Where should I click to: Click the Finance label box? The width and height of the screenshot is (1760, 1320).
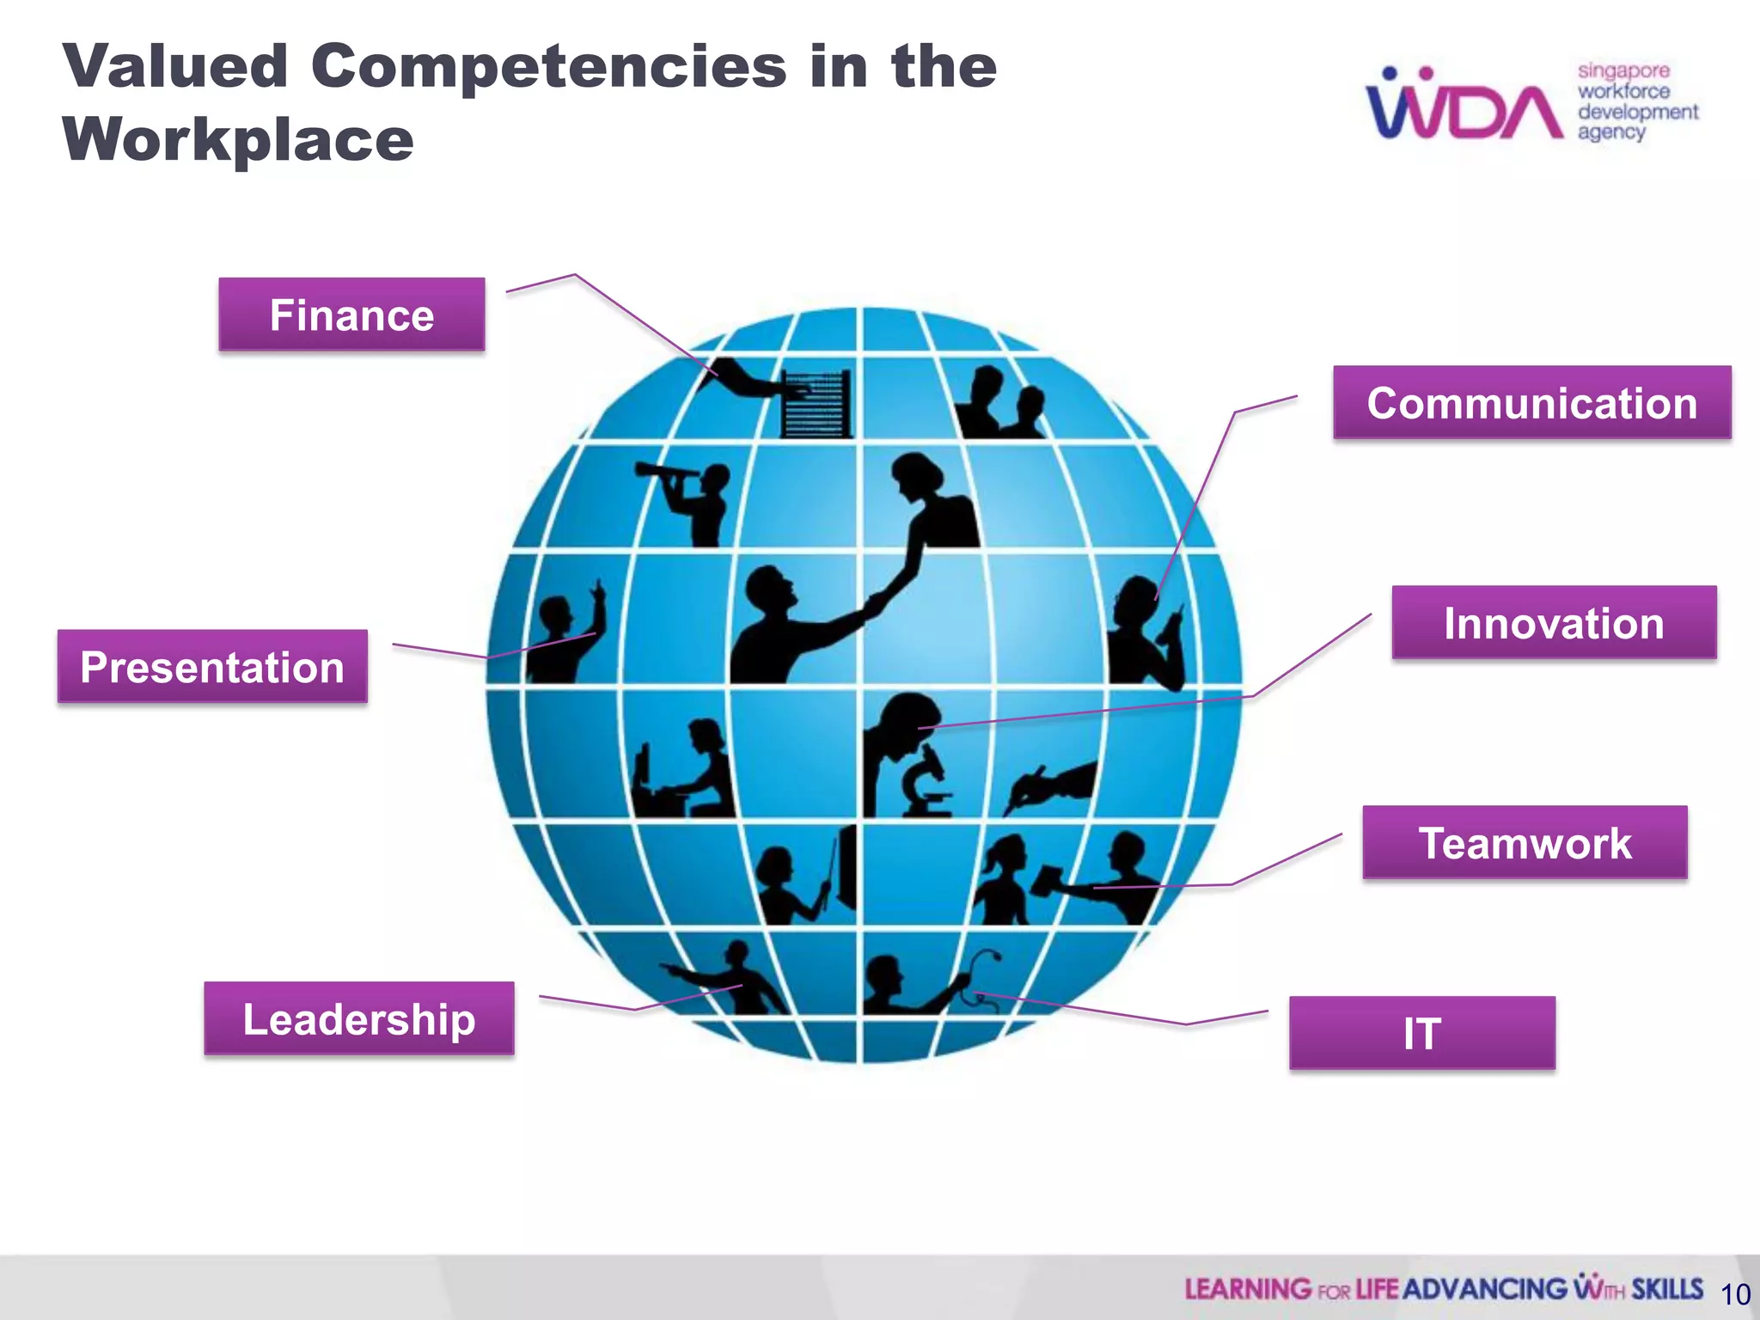click(351, 315)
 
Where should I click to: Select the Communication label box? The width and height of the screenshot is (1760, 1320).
click(1531, 403)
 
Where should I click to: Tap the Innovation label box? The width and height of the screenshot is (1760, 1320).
click(1554, 623)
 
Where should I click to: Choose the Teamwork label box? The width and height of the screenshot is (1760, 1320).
click(1525, 842)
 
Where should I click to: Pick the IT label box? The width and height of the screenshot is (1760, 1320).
click(1421, 1033)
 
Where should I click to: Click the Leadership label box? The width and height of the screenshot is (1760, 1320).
click(358, 1018)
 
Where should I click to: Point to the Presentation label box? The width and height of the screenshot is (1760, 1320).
click(212, 667)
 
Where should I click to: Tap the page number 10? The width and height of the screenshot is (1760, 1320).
click(1735, 1294)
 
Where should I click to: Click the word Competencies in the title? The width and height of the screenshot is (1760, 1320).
click(548, 66)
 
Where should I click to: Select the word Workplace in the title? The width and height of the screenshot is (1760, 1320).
click(238, 139)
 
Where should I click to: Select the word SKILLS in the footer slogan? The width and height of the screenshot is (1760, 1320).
click(1667, 1289)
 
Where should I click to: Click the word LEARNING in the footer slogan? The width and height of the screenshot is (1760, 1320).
click(1248, 1289)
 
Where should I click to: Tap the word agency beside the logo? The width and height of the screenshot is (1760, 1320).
click(1610, 132)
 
